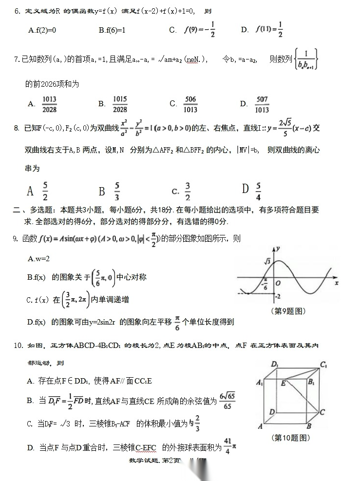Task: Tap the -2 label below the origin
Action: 278,296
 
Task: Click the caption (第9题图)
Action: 287,311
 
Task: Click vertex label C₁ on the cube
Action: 323,364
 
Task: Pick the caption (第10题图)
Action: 290,438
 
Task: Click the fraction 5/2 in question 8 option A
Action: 45,191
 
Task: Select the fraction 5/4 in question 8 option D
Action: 258,191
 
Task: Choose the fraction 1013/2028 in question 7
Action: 49,104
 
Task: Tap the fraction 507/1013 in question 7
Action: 262,104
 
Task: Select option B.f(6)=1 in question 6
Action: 112,30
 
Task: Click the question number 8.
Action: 17,128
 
